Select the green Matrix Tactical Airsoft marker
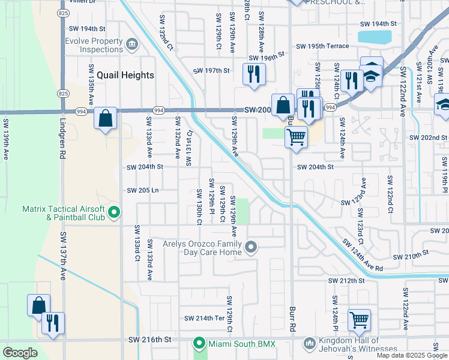114,212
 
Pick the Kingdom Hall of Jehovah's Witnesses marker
310,343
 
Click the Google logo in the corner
20,353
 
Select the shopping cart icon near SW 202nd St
296,137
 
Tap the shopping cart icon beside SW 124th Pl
358,320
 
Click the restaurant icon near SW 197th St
253,74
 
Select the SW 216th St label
149,340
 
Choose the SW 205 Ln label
142,190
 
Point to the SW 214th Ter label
203,318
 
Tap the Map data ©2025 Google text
412,355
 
